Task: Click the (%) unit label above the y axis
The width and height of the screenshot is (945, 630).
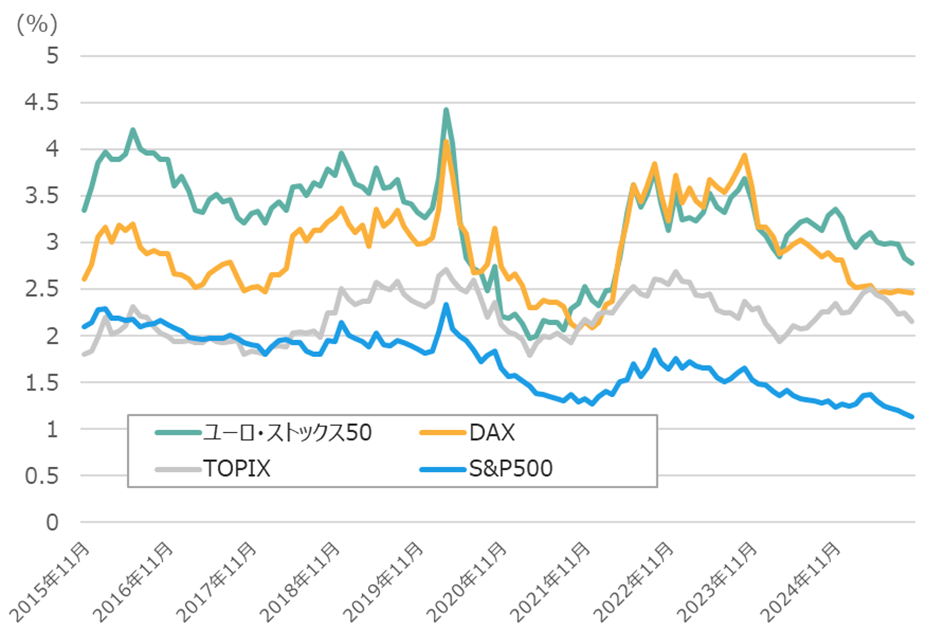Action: pyautogui.click(x=37, y=24)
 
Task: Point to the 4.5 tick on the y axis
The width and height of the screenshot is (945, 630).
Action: pyautogui.click(x=42, y=102)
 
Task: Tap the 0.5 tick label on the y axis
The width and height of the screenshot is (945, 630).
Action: pyautogui.click(x=42, y=476)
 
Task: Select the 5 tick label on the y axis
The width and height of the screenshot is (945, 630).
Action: pyautogui.click(x=52, y=56)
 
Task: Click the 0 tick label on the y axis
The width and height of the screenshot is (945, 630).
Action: pyautogui.click(x=52, y=522)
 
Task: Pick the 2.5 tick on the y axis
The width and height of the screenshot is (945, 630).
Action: pyautogui.click(x=42, y=289)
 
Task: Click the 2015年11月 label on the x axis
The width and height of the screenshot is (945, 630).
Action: pyautogui.click(x=50, y=582)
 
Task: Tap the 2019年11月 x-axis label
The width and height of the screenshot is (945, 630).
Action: pyautogui.click(x=383, y=582)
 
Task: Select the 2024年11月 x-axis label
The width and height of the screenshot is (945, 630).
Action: pyautogui.click(x=801, y=582)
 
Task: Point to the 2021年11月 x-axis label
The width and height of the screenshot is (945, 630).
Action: pyautogui.click(x=550, y=582)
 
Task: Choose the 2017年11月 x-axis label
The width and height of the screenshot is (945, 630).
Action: pyautogui.click(x=217, y=582)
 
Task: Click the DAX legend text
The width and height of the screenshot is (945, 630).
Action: pyautogui.click(x=492, y=433)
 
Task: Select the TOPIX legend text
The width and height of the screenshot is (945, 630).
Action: pyautogui.click(x=237, y=468)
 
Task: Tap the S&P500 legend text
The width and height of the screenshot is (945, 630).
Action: pyautogui.click(x=511, y=468)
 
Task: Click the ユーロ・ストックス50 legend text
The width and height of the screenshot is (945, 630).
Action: pyautogui.click(x=287, y=433)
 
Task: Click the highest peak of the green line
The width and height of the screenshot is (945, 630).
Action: pyautogui.click(x=446, y=110)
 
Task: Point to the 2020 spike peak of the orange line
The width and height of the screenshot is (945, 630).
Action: pyautogui.click(x=446, y=142)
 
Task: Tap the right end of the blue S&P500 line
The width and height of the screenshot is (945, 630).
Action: pyautogui.click(x=912, y=417)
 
